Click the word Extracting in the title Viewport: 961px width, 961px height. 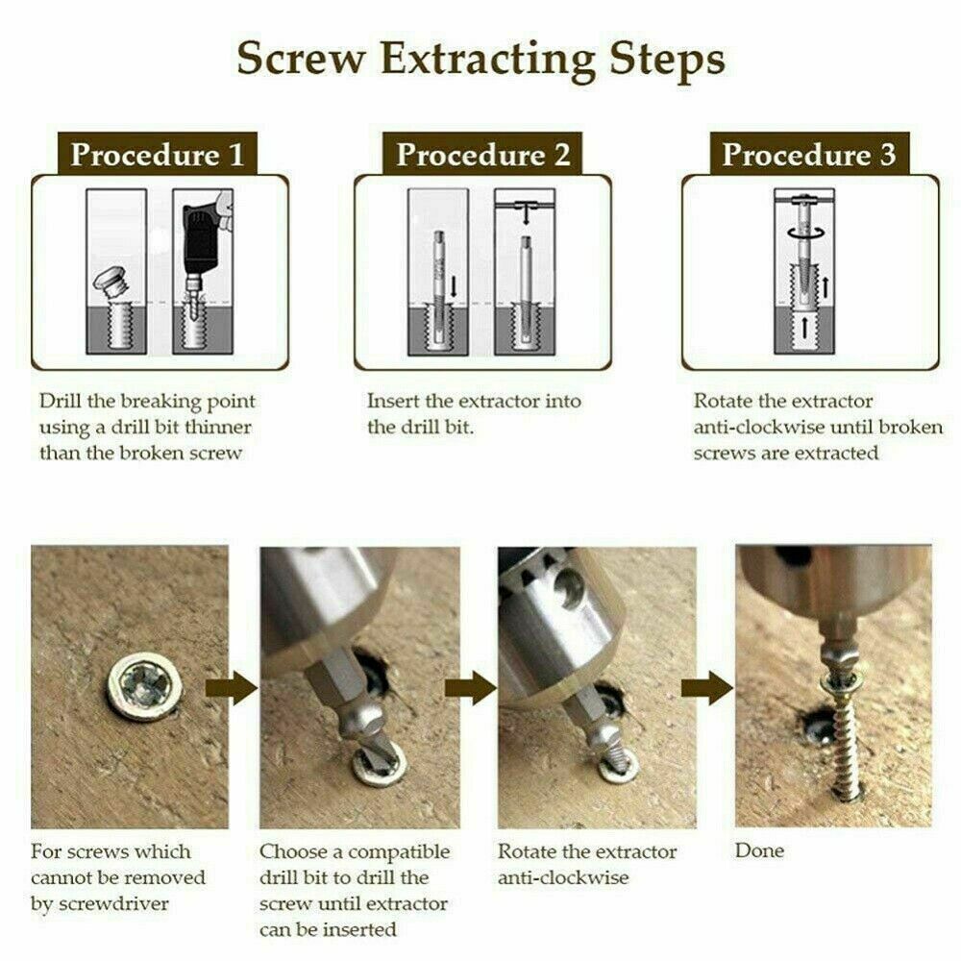pos(488,61)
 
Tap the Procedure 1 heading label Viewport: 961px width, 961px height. pos(157,154)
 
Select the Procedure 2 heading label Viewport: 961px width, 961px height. pos(482,154)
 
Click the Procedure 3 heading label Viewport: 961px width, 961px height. pos(809,154)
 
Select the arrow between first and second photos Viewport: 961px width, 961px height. pos(231,688)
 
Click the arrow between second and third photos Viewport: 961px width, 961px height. pos(470,688)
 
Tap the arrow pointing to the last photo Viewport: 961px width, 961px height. pos(706,688)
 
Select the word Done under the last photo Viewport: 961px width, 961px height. pos(759,850)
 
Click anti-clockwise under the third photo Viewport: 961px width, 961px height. pos(562,877)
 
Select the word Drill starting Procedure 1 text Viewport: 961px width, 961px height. pos(60,401)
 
